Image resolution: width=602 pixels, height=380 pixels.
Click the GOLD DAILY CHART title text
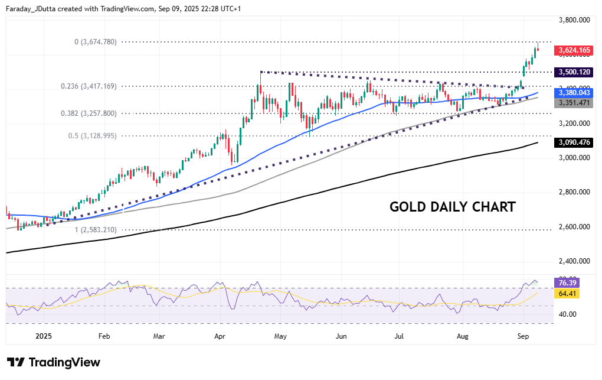point(453,207)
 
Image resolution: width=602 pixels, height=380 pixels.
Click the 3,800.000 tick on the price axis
point(574,20)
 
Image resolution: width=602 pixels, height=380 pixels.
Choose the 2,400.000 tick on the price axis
point(574,261)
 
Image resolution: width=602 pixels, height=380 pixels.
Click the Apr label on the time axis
point(220,336)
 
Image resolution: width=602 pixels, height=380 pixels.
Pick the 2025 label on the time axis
point(44,336)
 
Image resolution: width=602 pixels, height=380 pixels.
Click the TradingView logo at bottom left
point(54,362)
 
